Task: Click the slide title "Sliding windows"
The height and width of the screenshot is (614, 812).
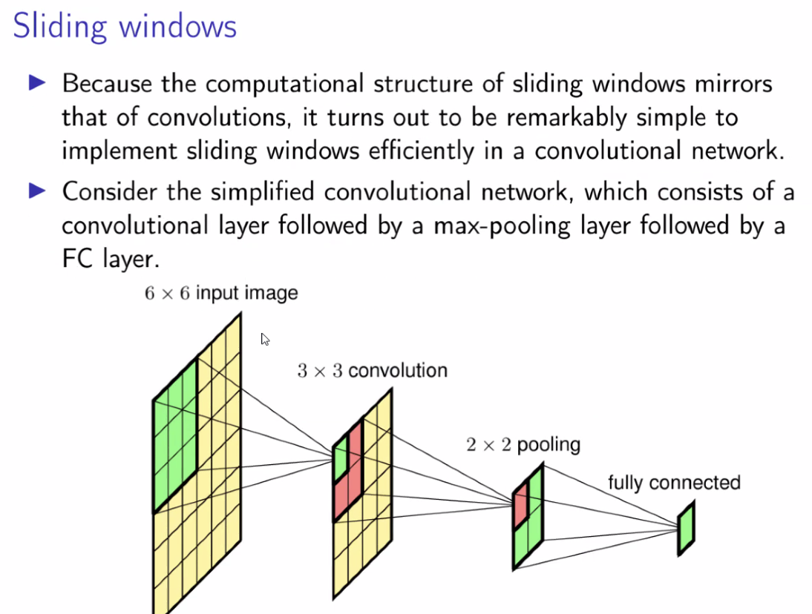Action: coord(125,27)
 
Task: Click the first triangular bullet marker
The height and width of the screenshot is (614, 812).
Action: coord(37,83)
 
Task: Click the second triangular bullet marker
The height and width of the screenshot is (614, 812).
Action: coord(37,191)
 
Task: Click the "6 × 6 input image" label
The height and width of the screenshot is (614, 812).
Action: coord(221,293)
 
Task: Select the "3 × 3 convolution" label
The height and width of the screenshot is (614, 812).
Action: coord(372,370)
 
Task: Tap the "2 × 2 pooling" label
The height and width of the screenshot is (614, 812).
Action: coord(523,445)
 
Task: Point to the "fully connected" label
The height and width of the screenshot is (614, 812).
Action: coord(674,483)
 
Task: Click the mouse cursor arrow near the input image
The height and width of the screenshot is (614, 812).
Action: coord(265,339)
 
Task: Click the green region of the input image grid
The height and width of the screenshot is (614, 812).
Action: coord(175,438)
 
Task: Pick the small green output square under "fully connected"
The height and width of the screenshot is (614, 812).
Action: coord(687,529)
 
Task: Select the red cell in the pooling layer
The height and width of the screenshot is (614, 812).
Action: coord(520,504)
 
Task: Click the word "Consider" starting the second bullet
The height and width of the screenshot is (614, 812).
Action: coord(108,191)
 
